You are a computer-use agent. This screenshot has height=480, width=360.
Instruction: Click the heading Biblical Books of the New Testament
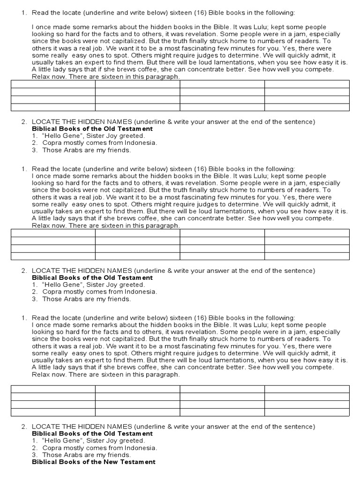pos(93,462)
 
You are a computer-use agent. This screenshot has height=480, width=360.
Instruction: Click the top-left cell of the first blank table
pos(53,84)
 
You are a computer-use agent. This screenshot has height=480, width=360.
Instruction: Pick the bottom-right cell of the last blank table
pos(307,412)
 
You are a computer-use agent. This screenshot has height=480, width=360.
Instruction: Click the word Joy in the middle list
pos(111,285)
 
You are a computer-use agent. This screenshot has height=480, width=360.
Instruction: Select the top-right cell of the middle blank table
pos(307,233)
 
